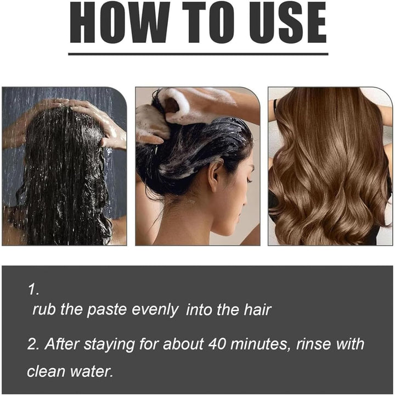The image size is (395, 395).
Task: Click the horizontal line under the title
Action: (198, 54)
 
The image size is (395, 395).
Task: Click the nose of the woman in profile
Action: (250, 179)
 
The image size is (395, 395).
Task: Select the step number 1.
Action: (34, 289)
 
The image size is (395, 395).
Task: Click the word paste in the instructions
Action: (106, 310)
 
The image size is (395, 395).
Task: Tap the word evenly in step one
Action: (155, 310)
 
